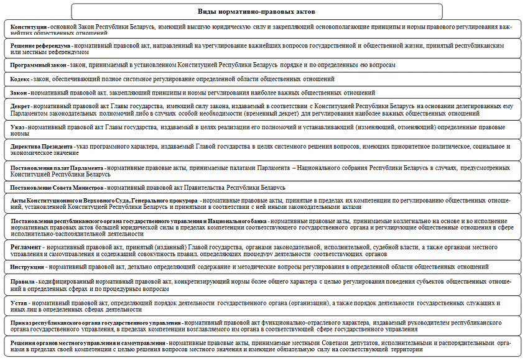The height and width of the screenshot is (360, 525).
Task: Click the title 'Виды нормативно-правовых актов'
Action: pyautogui.click(x=257, y=11)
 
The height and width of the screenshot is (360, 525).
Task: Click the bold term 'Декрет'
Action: pyautogui.click(x=22, y=106)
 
